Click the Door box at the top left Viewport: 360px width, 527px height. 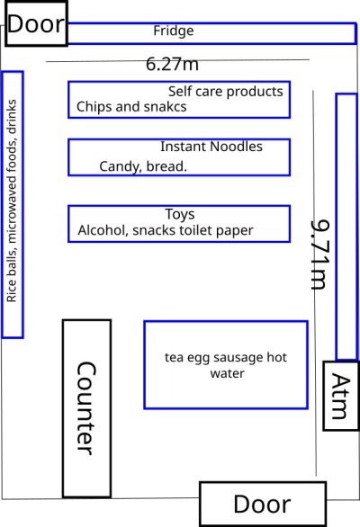[36, 23]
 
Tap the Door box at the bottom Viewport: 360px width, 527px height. [263, 504]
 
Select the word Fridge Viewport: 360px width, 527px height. [174, 31]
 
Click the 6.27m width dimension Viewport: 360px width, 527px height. [172, 64]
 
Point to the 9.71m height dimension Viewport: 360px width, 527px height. [320, 255]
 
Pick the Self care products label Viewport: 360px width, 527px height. [225, 92]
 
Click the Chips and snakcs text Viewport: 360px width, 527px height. [131, 106]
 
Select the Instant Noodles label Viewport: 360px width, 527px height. [211, 147]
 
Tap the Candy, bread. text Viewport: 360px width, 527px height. [143, 166]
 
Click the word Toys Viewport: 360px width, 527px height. [180, 214]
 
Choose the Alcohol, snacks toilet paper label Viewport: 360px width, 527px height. [166, 230]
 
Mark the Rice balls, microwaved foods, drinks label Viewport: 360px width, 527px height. [12, 201]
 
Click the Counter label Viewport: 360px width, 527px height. [86, 408]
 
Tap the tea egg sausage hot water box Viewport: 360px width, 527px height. [226, 365]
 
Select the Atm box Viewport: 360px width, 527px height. [340, 396]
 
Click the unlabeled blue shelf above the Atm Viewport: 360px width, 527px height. [346, 227]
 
